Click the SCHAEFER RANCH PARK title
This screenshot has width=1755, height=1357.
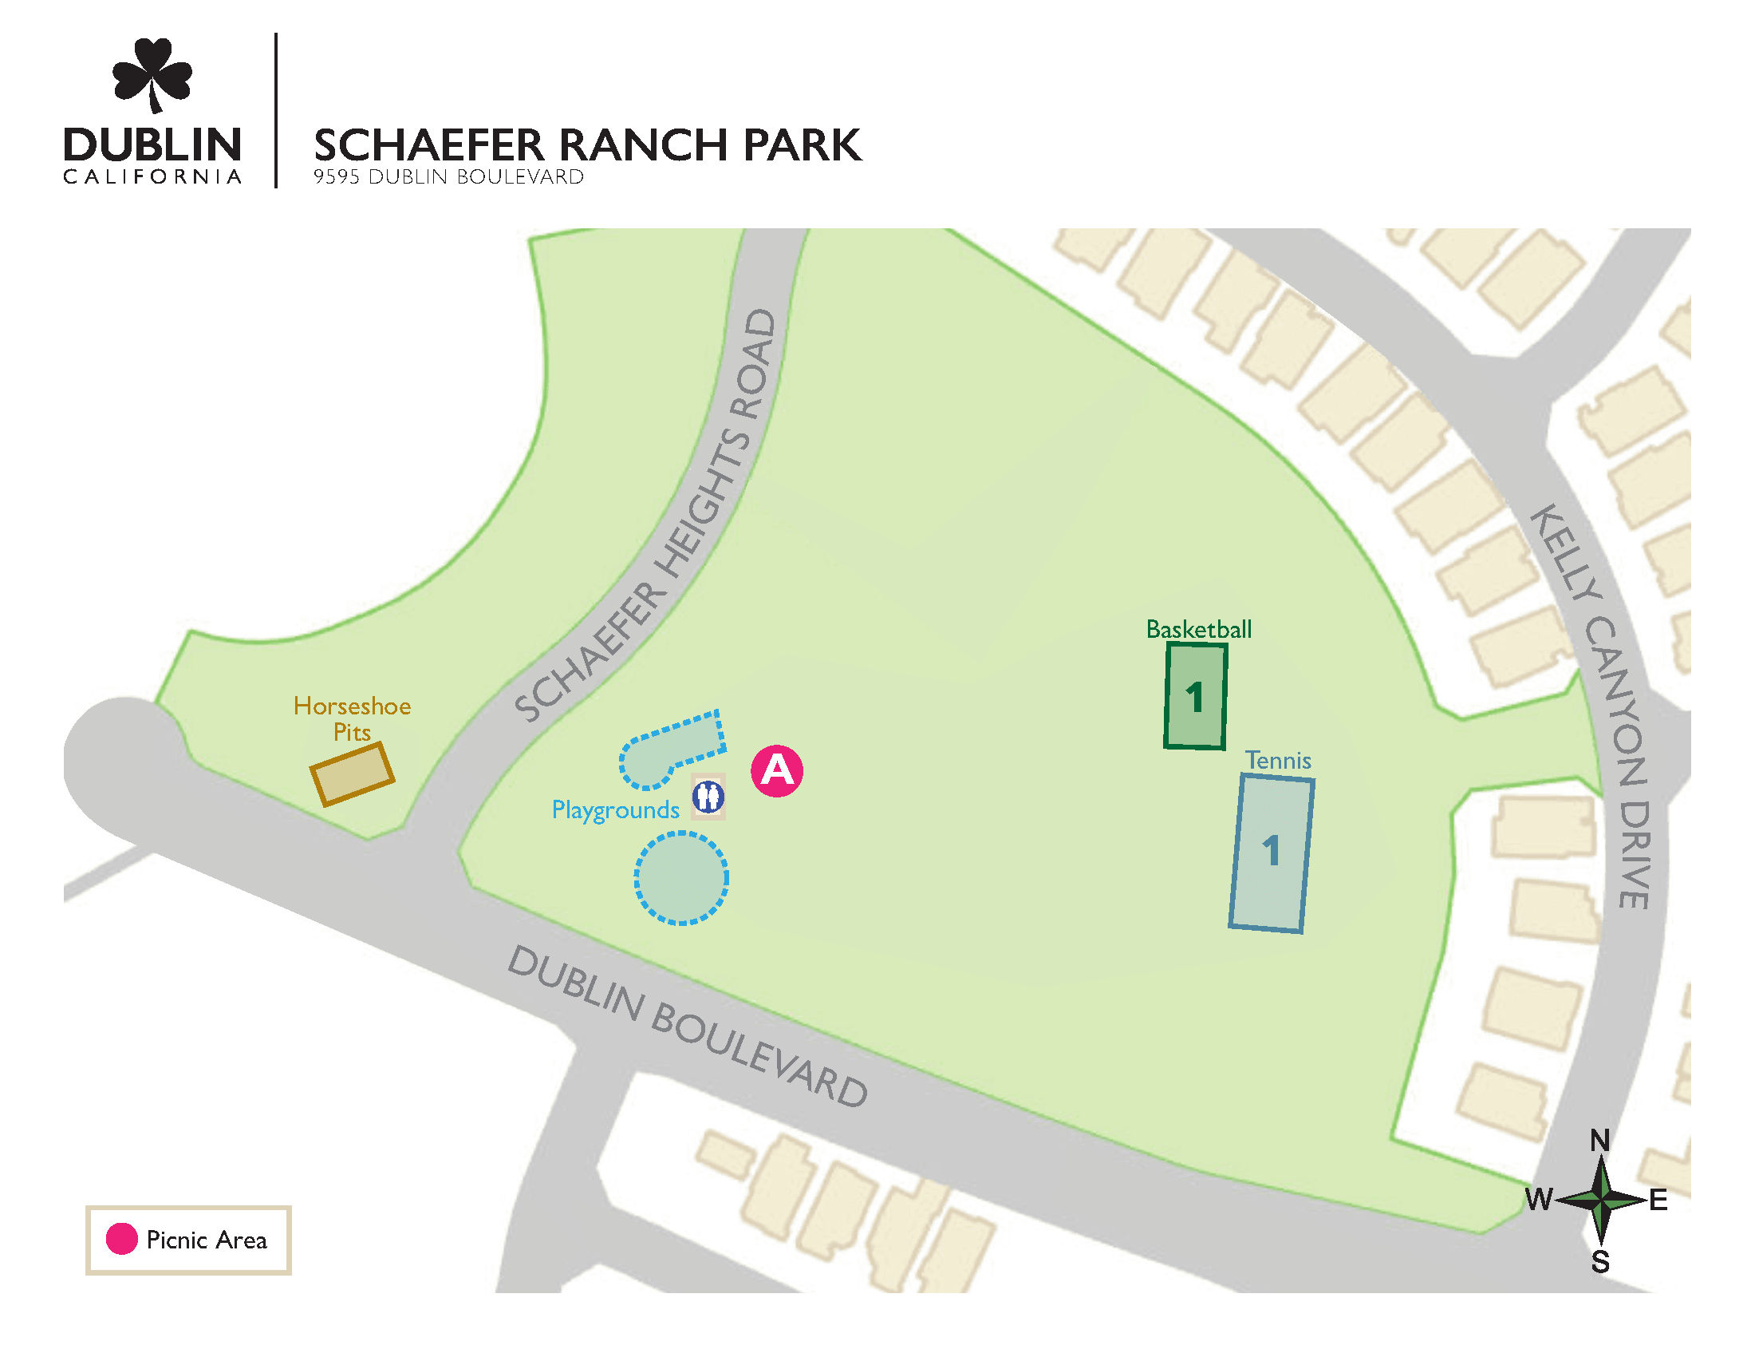pos(586,145)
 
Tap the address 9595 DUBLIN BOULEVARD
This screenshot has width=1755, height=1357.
pos(448,177)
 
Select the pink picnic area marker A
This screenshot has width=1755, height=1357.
pos(776,771)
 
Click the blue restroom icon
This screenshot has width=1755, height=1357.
pos(708,797)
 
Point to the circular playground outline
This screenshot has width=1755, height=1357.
pos(681,878)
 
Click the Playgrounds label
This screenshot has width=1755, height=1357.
pos(616,809)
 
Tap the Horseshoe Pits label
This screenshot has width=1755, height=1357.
pos(352,718)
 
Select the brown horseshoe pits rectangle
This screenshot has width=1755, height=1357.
pos(352,773)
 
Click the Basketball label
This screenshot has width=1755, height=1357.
pos(1198,630)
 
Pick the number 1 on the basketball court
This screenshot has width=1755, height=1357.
pos(1195,697)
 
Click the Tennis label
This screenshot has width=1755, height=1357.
pos(1278,761)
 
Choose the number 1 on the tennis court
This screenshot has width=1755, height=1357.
pos(1271,851)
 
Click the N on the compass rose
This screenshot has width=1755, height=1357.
pos(1600,1140)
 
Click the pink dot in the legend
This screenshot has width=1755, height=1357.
pos(121,1239)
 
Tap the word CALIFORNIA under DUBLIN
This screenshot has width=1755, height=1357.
pos(152,177)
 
